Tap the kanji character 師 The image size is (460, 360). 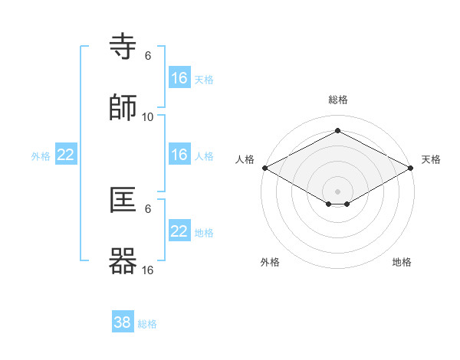123,108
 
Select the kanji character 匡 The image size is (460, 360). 123,201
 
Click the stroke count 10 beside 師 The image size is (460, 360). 148,116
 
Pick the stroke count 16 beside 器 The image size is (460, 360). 148,270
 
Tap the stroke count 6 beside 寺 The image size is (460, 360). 148,56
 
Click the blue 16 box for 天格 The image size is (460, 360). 179,78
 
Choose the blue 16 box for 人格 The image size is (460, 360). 179,155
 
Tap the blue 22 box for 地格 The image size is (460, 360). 179,231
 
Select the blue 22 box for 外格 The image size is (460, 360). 66,155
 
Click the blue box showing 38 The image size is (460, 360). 123,322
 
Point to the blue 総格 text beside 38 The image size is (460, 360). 147,324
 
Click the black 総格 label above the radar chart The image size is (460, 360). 337,100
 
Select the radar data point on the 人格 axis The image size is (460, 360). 264,168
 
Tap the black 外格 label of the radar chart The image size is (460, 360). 270,262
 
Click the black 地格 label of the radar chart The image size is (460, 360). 402,262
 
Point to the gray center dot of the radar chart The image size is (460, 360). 337,190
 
